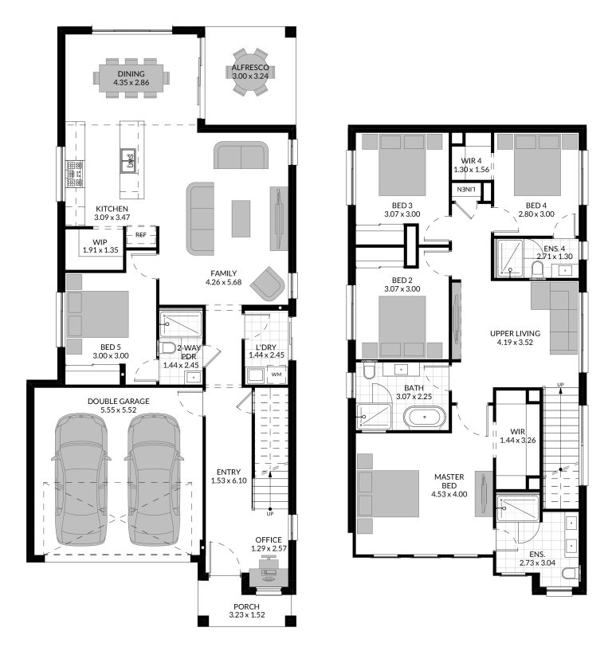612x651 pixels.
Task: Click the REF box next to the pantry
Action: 140,235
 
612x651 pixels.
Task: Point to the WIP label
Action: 100,241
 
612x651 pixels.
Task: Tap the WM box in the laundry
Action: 276,374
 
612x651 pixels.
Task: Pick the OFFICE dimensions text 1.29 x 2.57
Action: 268,550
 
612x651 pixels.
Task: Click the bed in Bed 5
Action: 96,315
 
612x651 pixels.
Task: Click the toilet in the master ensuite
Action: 568,575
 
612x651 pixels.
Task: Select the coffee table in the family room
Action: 241,218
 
